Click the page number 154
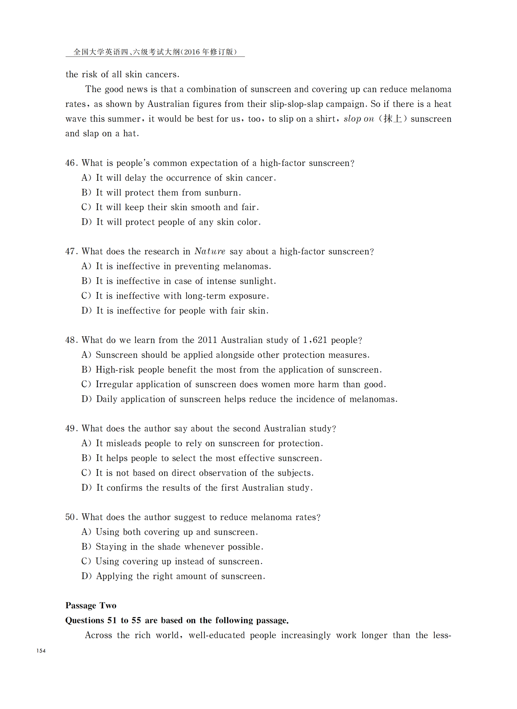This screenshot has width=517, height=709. (x=41, y=651)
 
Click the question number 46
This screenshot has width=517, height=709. (x=71, y=163)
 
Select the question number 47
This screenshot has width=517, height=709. (x=71, y=252)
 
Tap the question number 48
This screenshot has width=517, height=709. (x=71, y=340)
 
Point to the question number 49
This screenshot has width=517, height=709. (x=71, y=429)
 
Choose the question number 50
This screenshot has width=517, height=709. (x=71, y=517)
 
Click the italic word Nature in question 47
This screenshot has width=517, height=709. (x=210, y=251)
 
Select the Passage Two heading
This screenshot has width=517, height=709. (x=91, y=606)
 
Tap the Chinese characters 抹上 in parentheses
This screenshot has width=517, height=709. (x=393, y=119)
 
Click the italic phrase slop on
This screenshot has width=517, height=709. (x=359, y=119)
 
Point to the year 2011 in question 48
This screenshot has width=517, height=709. (x=207, y=340)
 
